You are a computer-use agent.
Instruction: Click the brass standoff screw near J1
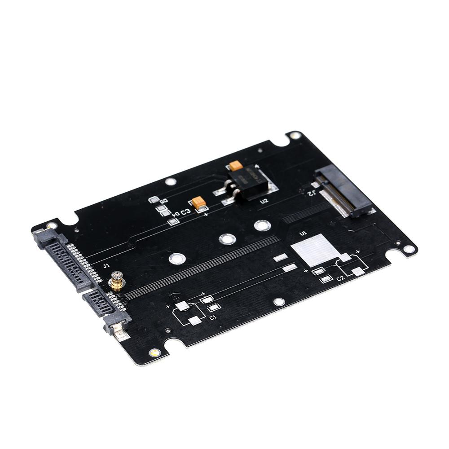(117, 281)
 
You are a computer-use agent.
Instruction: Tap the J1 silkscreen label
(106, 266)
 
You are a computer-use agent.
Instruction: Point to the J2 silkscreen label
(311, 193)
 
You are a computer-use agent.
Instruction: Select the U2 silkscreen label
(264, 201)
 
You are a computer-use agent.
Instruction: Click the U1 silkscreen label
(303, 233)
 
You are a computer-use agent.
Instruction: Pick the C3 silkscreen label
(186, 211)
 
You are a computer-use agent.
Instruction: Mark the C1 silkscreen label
(213, 317)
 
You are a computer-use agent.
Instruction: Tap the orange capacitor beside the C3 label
(198, 202)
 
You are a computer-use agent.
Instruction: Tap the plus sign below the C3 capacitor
(206, 215)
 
